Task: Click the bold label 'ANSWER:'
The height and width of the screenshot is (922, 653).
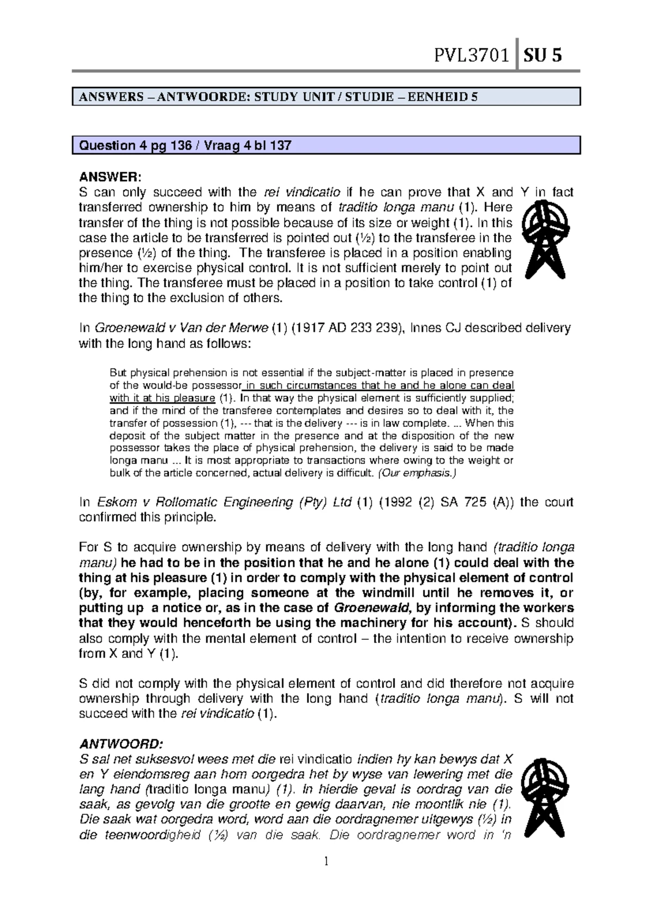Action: (110, 177)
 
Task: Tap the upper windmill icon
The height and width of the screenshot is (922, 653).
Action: (544, 238)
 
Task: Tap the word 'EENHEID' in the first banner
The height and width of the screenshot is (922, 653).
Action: (434, 98)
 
